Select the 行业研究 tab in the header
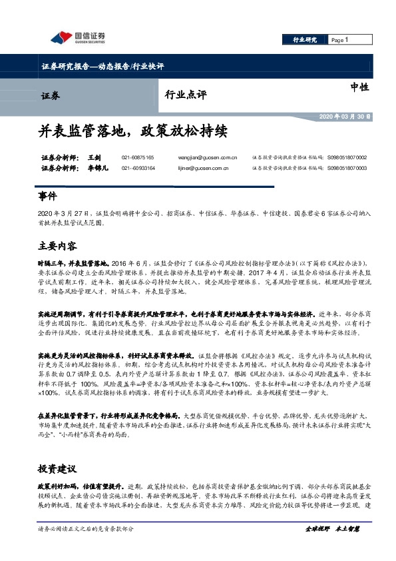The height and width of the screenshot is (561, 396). point(305,40)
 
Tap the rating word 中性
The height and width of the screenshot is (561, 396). point(359,87)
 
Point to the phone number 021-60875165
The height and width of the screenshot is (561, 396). point(138,157)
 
